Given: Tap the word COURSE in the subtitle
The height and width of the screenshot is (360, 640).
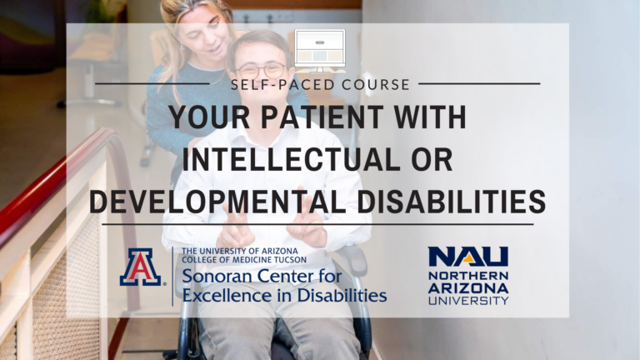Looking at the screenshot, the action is click(376, 84).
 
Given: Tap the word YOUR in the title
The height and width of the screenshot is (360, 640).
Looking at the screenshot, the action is click(210, 117).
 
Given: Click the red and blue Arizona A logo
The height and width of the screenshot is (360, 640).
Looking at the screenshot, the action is click(140, 267).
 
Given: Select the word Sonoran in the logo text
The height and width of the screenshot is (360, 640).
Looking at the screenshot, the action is click(217, 277).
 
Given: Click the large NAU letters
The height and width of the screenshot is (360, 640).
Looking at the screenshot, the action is click(468, 257).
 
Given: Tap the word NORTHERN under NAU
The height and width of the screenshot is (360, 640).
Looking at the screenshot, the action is click(468, 276).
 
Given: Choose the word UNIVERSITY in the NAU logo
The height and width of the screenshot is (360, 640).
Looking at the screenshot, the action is click(468, 301).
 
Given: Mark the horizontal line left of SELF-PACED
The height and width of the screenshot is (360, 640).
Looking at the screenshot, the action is click(152, 84).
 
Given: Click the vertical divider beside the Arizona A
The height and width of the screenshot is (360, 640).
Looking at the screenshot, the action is click(172, 277).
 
